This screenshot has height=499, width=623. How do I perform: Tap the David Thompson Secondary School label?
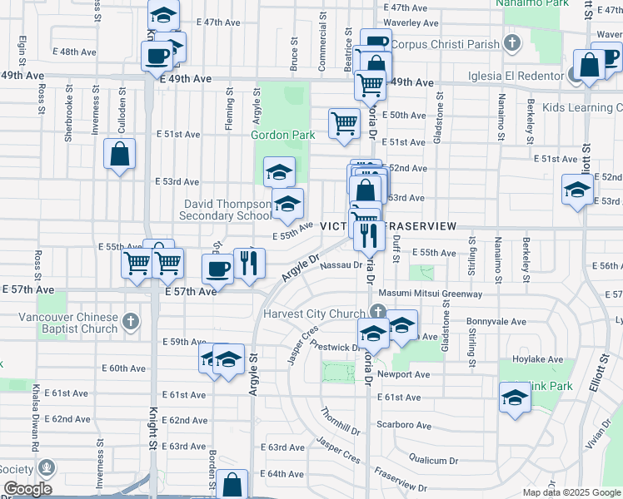coord(226,210)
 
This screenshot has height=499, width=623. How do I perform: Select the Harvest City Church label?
coord(314,314)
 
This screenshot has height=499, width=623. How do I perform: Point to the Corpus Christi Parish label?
coord(446,44)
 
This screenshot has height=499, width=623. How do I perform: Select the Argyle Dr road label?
coord(301,268)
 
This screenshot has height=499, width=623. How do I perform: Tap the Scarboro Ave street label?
coord(404,425)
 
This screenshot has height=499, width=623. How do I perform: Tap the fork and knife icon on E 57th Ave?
coord(249,263)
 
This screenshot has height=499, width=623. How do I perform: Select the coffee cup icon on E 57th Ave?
coord(218,269)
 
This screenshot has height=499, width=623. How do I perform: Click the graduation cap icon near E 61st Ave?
coord(515,398)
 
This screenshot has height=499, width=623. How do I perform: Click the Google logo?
coord(27,489)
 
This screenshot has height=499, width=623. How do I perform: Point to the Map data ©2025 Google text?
coord(571,492)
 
